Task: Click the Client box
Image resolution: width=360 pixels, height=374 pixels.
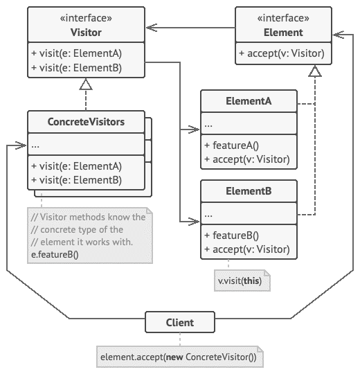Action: click(180, 322)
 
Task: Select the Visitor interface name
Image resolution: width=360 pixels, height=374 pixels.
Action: click(86, 33)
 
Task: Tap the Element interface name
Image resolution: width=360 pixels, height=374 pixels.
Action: click(283, 33)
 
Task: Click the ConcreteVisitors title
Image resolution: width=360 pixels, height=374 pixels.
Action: click(86, 122)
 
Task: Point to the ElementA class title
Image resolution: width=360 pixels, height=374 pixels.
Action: click(249, 101)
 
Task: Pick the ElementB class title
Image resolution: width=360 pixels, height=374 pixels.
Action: click(249, 191)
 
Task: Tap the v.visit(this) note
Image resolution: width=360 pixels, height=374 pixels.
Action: click(242, 280)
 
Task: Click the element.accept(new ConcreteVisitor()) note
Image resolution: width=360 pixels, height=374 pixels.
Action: click(180, 357)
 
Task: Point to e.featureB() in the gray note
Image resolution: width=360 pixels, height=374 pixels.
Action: click(55, 254)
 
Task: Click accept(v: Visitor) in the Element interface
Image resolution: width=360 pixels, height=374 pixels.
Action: click(282, 53)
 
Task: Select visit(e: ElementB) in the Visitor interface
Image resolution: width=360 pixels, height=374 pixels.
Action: click(77, 68)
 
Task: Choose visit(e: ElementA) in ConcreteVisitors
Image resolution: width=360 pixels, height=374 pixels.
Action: click(77, 166)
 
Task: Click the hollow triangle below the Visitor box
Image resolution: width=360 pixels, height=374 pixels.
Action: click(86, 84)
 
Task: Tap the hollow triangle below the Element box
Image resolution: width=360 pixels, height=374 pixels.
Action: click(315, 71)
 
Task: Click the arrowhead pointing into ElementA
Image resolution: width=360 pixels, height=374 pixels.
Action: click(194, 130)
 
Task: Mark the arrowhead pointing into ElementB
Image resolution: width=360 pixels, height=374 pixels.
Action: click(194, 222)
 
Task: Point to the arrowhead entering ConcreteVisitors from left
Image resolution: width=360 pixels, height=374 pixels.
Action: click(21, 145)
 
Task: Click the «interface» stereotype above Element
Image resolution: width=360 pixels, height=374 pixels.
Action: click(283, 18)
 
